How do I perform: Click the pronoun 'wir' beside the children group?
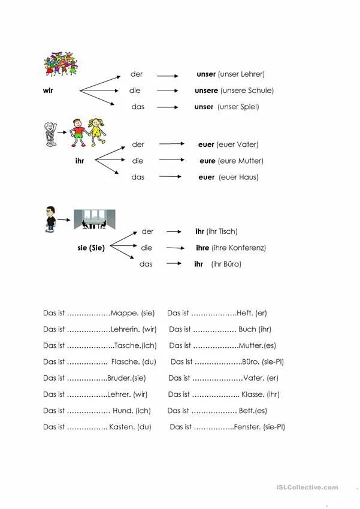pos(48,91)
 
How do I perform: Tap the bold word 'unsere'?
pos(207,91)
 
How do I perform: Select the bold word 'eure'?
pos(208,161)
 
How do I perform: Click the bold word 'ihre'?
pos(202,248)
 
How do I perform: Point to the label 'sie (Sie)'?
pos(91,248)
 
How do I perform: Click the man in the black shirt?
pos(50,219)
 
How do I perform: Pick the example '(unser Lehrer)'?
pos(241,74)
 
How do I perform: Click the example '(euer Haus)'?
pos(238,177)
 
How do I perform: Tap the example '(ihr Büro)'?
pos(226,264)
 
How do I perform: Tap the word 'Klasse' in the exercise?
pos(252,395)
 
